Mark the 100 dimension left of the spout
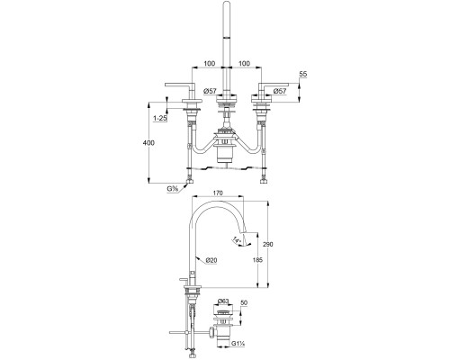209,64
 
